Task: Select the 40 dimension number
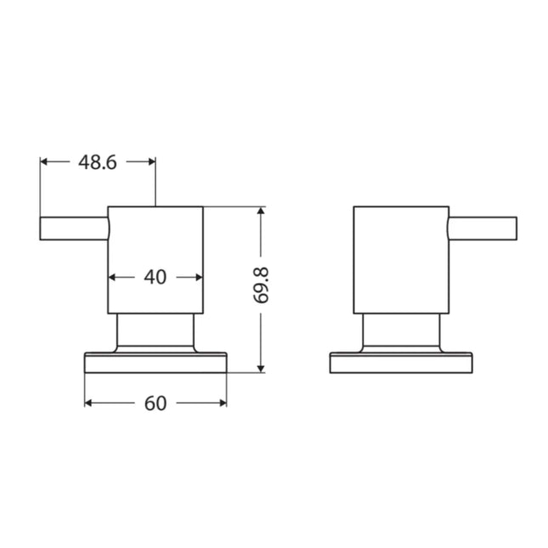coord(155,276)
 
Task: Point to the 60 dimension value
coord(155,404)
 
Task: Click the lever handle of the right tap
coord(482,229)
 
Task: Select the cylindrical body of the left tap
coord(155,246)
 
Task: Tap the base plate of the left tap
coord(155,363)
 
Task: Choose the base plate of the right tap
coord(400,363)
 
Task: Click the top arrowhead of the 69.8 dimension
coord(263,211)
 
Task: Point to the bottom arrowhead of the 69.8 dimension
coord(263,366)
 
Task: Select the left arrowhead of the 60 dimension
coord(88,404)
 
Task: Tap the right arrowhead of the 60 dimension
coord(222,404)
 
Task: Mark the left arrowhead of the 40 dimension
coord(113,276)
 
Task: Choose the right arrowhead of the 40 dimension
coord(198,276)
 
